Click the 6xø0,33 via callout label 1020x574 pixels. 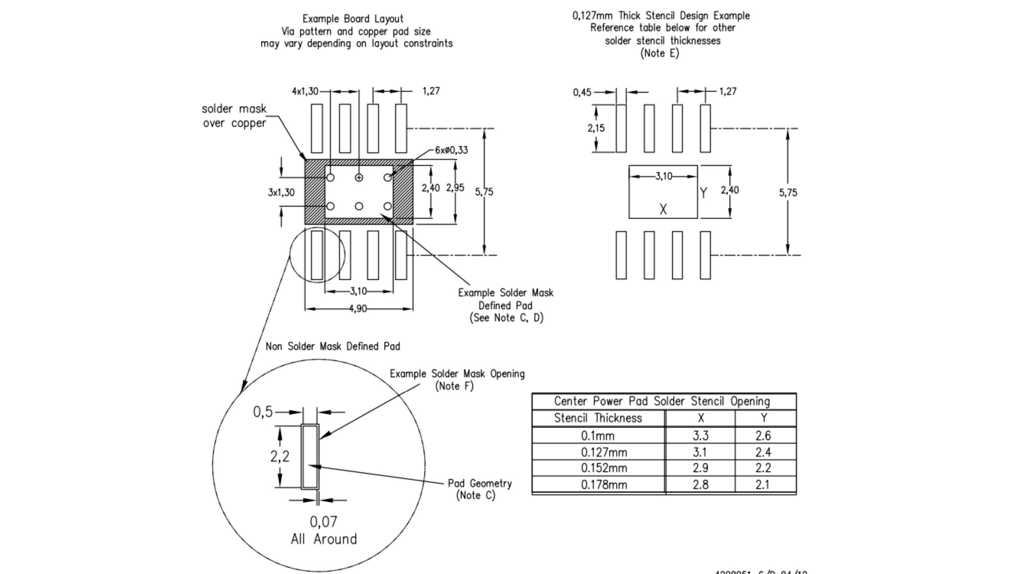(451, 150)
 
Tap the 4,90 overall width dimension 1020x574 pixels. (357, 309)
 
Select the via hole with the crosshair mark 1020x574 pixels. (359, 177)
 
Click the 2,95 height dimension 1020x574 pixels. (455, 188)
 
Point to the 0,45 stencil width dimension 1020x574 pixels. (582, 92)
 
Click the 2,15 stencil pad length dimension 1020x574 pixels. (596, 128)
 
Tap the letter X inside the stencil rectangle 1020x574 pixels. (663, 209)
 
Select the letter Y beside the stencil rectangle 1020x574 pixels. (703, 193)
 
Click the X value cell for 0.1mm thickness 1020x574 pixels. (700, 436)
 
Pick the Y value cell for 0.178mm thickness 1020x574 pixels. (763, 485)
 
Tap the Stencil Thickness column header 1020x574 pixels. (598, 418)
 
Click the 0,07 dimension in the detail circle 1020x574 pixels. (323, 522)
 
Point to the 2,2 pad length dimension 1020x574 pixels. (280, 456)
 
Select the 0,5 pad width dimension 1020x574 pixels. (263, 412)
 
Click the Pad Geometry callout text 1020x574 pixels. (479, 484)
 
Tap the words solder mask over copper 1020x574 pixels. (234, 116)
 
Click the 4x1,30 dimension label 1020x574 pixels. (305, 92)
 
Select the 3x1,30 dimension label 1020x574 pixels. (281, 193)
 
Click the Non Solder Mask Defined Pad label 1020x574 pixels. (333, 346)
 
